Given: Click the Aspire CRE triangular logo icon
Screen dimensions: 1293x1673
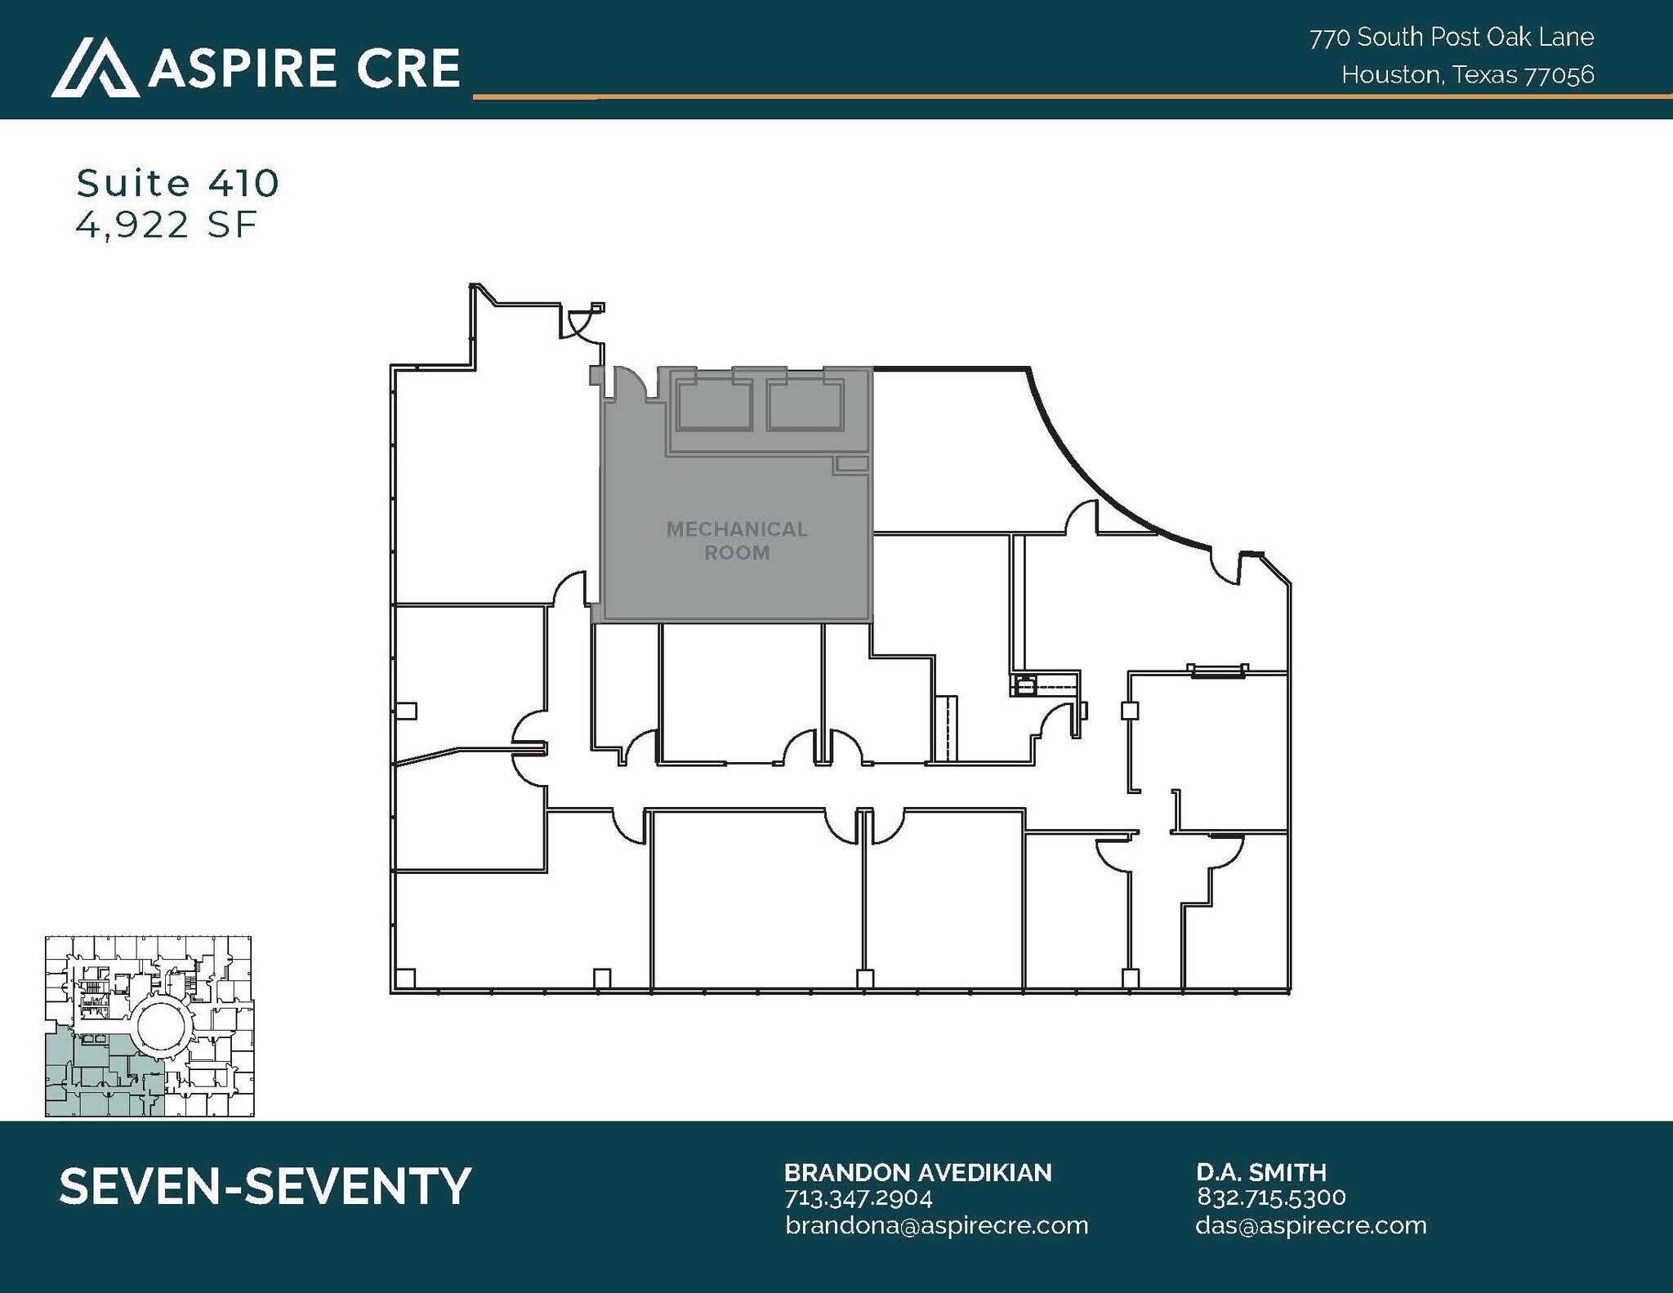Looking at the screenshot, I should click(94, 68).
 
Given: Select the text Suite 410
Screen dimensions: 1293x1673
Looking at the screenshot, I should click(177, 183).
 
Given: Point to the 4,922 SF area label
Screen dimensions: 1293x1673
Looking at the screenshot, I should click(167, 225).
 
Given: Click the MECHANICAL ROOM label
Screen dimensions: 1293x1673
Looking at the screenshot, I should click(737, 541).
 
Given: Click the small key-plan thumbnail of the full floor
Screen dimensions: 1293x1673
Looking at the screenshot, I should click(149, 1026).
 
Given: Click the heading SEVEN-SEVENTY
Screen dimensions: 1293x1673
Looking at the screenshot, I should click(265, 1186).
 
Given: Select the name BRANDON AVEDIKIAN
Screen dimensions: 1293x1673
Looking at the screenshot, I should click(917, 1173).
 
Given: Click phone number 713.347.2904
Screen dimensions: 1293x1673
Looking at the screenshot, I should click(858, 1198).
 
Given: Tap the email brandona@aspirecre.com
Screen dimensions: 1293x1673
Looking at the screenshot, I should click(936, 1225).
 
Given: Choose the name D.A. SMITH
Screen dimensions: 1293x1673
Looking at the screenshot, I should click(1260, 1173).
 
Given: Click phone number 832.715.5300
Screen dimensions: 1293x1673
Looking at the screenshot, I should click(1270, 1197).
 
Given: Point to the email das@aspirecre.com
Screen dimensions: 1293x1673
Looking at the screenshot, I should click(1310, 1225).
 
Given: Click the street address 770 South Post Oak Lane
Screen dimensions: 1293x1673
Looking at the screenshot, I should click(1452, 38).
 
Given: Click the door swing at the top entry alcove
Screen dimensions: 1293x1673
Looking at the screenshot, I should click(581, 325).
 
